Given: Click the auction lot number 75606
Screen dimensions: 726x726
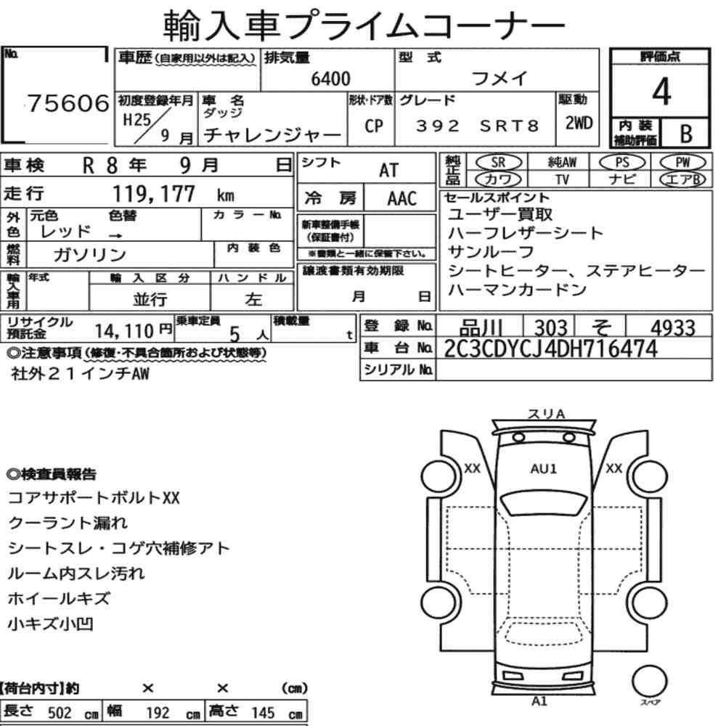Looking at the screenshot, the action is tap(68, 103).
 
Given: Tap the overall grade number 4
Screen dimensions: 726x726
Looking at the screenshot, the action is tap(661, 91).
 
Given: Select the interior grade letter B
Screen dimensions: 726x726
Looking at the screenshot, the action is tap(686, 134).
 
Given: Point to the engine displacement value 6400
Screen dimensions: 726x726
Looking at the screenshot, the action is tap(330, 78).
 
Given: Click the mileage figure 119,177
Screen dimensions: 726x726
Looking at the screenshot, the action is tap(154, 194).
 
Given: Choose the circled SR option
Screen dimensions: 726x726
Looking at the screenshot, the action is tap(498, 163).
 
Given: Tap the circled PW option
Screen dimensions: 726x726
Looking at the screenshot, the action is tap(682, 163).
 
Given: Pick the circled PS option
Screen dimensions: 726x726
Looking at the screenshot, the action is tap(622, 163).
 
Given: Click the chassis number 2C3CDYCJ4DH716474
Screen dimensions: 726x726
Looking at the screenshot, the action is tap(550, 348).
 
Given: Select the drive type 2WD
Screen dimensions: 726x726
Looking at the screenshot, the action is tap(579, 123).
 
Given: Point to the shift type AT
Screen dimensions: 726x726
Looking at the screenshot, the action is tap(389, 170).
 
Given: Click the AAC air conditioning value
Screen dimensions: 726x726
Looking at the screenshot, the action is tap(402, 199).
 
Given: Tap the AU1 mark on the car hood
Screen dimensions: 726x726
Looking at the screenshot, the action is tap(544, 468).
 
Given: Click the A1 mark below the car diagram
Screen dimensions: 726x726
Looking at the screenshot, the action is tap(539, 701).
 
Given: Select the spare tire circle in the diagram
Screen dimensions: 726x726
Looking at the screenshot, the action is tap(649, 681).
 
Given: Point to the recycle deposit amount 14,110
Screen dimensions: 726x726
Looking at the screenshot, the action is tap(124, 331).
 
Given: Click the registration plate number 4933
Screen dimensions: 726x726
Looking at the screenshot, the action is tap(673, 328).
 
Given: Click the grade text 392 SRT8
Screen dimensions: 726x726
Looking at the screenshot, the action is tap(478, 126).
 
